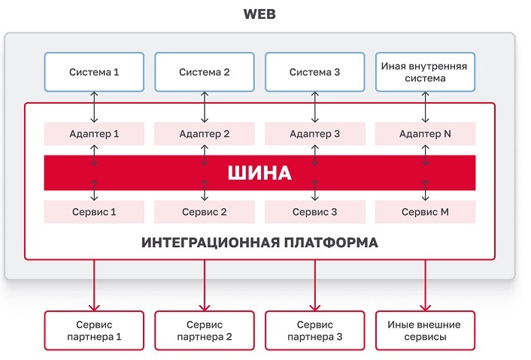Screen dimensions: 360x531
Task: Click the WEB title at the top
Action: [x=259, y=14]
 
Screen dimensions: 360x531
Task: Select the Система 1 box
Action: [x=94, y=73]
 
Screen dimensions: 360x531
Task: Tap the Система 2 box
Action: [x=205, y=73]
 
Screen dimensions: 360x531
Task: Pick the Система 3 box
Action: [x=315, y=73]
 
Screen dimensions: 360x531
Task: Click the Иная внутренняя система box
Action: [x=424, y=72]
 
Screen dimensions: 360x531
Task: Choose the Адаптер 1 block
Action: [x=94, y=134]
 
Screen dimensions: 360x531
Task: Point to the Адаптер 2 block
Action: [x=205, y=134]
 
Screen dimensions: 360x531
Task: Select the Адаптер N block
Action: [x=426, y=134]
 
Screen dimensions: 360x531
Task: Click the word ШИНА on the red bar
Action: [x=259, y=174]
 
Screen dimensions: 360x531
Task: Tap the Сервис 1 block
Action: [x=94, y=212]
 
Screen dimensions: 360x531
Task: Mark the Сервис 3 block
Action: [x=315, y=212]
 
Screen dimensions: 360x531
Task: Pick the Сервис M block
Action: [x=426, y=212]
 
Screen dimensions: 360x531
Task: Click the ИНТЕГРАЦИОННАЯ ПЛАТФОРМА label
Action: [x=259, y=244]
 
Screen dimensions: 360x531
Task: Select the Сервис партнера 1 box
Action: [x=94, y=331]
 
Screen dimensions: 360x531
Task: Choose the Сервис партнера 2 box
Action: [x=205, y=331]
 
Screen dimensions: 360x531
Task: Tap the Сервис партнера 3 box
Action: [x=315, y=331]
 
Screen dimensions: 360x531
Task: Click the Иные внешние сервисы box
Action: [x=424, y=331]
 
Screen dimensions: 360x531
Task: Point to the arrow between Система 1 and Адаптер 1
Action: [x=94, y=107]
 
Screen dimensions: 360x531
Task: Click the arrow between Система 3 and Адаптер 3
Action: [x=315, y=107]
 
